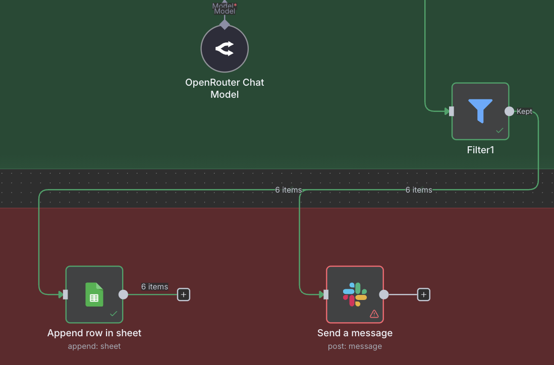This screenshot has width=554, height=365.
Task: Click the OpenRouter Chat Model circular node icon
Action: (x=225, y=49)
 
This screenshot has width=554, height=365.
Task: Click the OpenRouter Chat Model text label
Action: (x=225, y=88)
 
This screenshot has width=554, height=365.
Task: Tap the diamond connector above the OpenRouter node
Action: (x=225, y=24)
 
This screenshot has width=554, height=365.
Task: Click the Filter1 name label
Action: (x=480, y=150)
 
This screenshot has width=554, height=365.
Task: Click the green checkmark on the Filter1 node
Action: (x=500, y=130)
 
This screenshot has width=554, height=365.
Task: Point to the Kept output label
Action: (x=524, y=111)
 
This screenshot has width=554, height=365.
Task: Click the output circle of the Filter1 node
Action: (x=509, y=111)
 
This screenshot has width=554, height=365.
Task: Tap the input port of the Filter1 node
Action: (x=451, y=111)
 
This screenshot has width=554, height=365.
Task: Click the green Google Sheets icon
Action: (x=94, y=294)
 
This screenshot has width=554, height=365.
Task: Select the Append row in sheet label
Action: (x=94, y=333)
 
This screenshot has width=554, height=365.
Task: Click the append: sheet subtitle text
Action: (x=94, y=346)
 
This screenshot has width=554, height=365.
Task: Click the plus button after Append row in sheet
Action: (x=184, y=294)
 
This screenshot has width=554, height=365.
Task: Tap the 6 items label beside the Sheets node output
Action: (x=154, y=286)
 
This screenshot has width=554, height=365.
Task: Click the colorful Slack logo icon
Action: (x=355, y=294)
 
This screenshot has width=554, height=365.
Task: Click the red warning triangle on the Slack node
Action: (x=374, y=314)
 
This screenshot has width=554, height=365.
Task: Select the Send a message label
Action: (x=355, y=333)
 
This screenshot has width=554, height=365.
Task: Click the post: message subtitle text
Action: (x=355, y=346)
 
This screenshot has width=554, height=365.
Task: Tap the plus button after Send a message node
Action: (x=424, y=294)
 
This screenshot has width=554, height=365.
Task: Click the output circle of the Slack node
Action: (x=383, y=294)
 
